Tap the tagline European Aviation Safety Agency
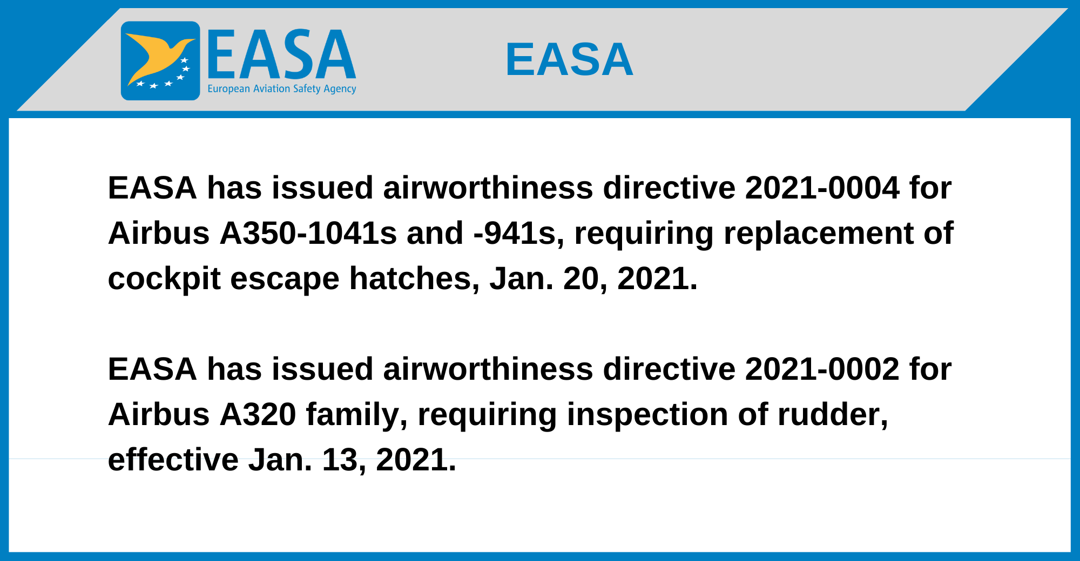coord(282,89)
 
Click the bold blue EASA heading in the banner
coord(569,59)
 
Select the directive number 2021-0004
coord(822,188)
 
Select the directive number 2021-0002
coord(822,369)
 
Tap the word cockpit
coord(164,279)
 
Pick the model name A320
coord(258,414)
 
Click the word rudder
coord(833,414)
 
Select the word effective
coord(173,460)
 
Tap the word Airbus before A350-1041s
coord(159,233)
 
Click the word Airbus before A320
coord(159,414)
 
